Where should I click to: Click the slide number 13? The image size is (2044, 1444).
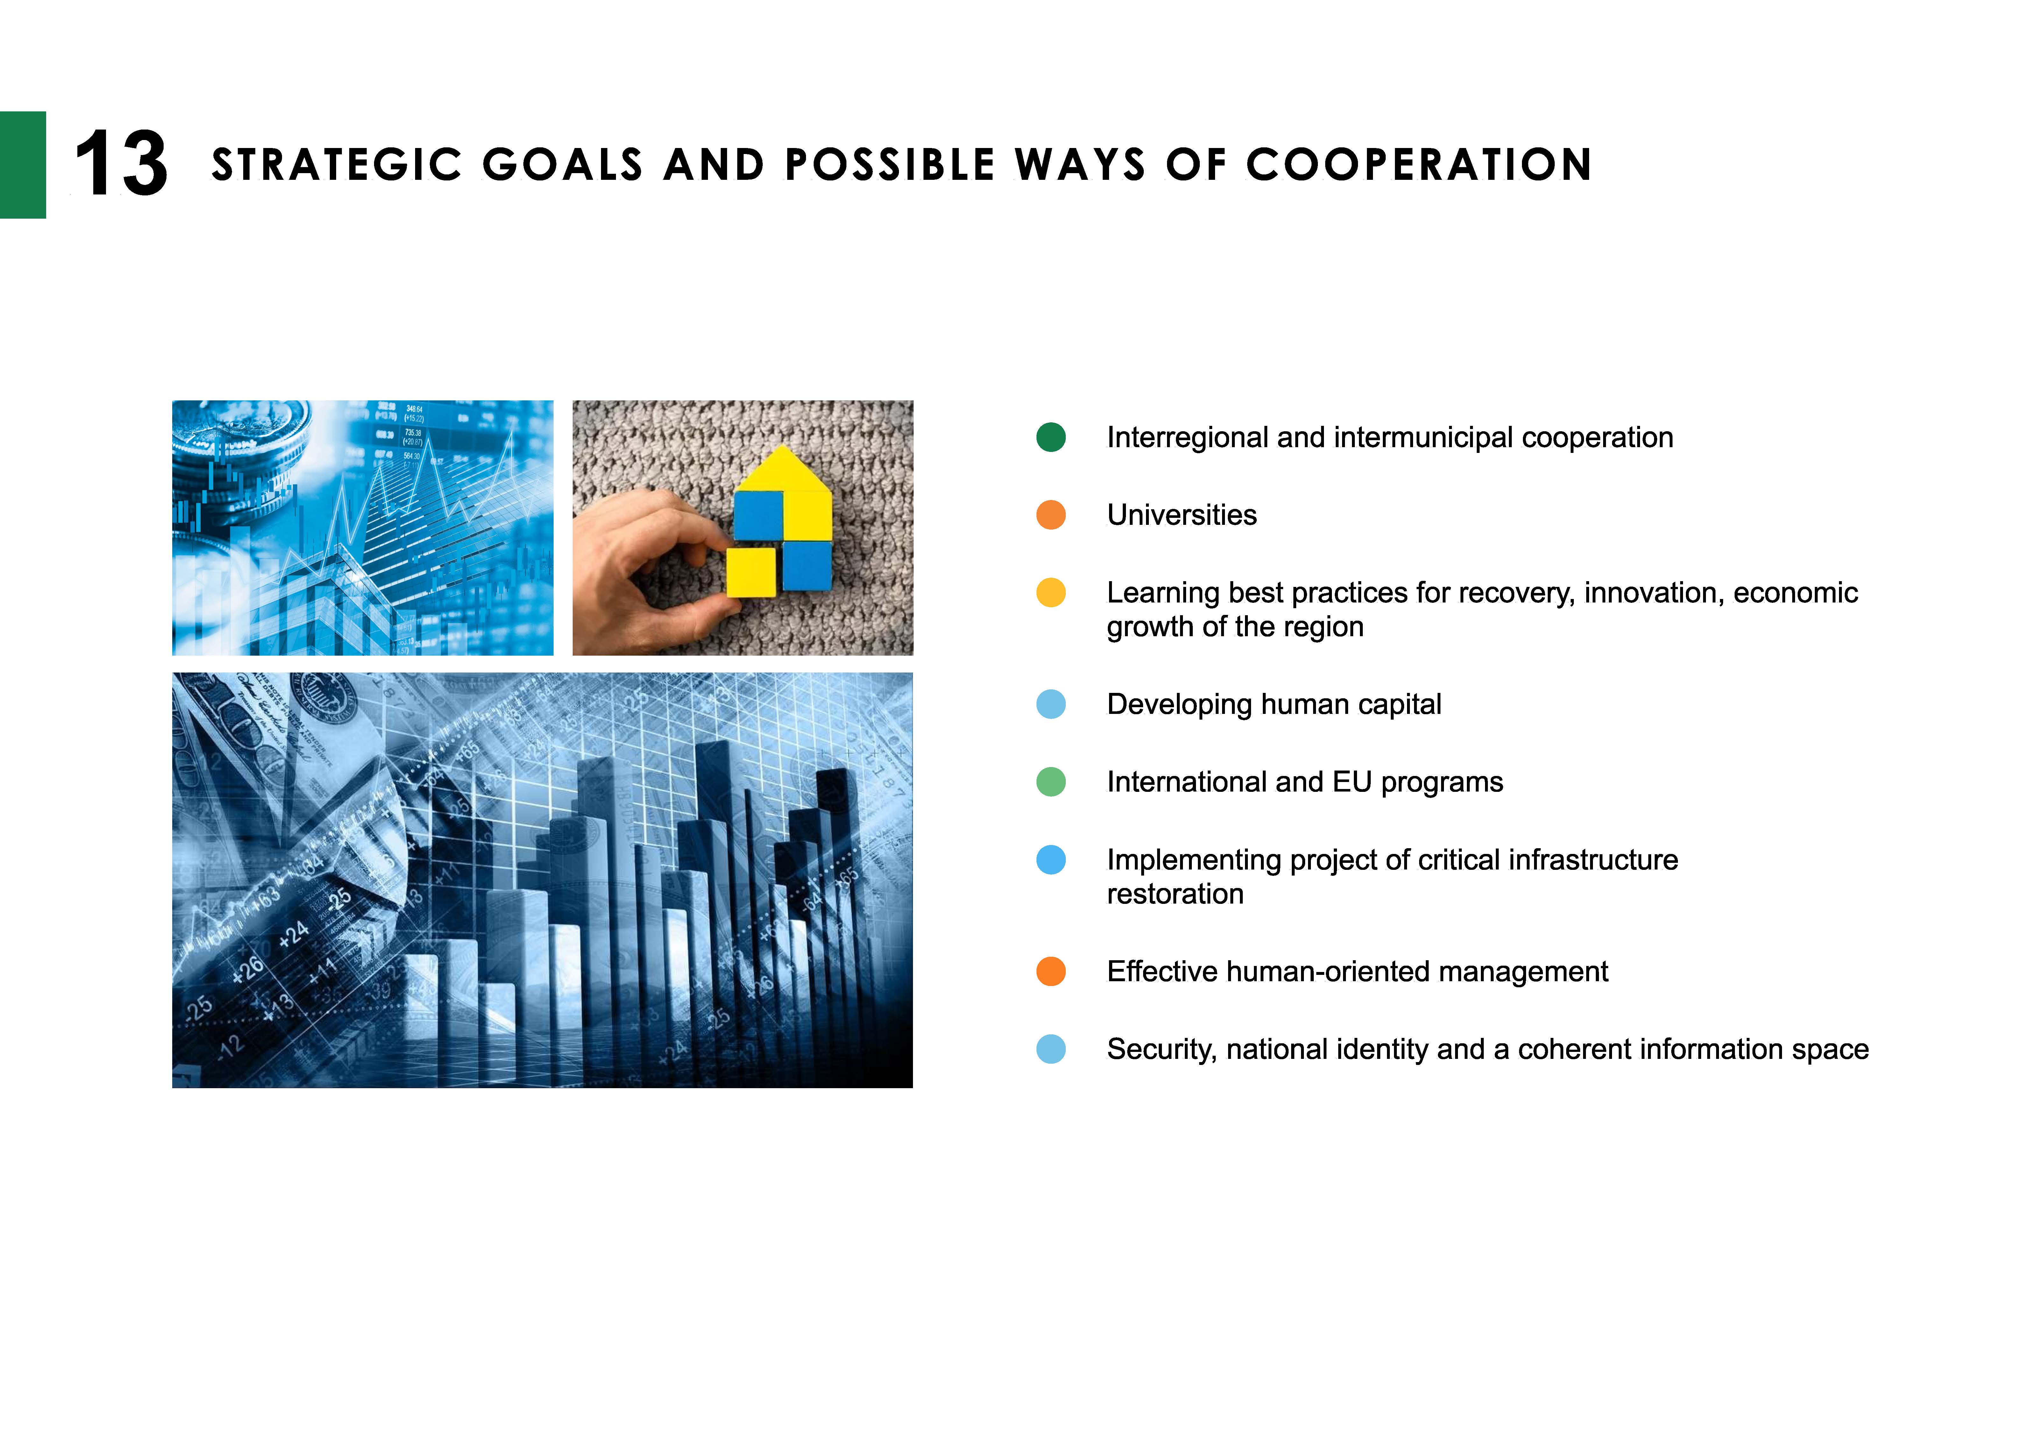[x=121, y=164]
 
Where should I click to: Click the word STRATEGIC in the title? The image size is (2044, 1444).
[x=336, y=165]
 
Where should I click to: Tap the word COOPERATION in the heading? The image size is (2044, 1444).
[x=1419, y=165]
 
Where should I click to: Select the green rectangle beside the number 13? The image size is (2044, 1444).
[x=23, y=165]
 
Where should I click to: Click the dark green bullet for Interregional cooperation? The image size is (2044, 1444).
[x=1051, y=437]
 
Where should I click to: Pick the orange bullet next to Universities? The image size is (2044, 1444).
[x=1051, y=515]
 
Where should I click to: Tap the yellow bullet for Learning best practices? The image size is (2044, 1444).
[x=1051, y=592]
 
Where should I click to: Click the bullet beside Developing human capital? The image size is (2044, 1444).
[x=1051, y=704]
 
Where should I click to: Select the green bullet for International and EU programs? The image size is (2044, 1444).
[x=1051, y=782]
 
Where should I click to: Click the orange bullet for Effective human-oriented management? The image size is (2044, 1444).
[x=1051, y=971]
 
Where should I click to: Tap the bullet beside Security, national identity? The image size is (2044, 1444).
[x=1051, y=1049]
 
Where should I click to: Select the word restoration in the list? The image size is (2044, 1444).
[x=1175, y=894]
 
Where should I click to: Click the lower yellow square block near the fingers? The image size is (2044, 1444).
[x=751, y=572]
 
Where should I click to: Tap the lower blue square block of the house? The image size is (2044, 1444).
[x=807, y=566]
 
